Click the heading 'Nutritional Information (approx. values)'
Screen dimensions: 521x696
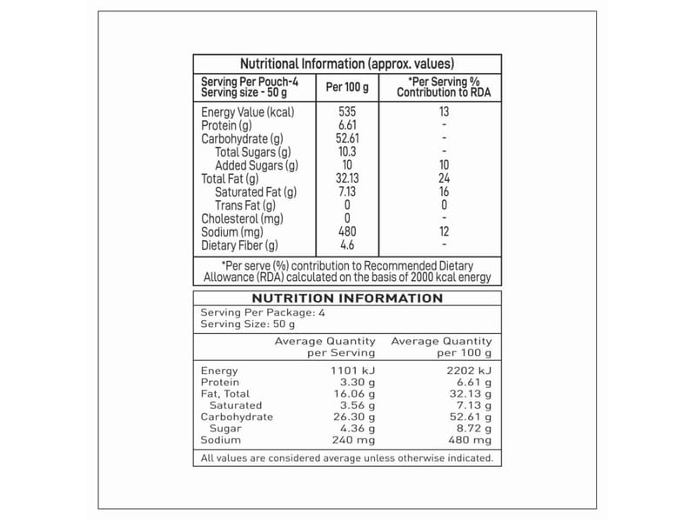click(x=347, y=63)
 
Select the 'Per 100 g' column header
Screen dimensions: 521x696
click(x=347, y=87)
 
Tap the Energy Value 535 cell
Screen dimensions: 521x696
click(x=347, y=112)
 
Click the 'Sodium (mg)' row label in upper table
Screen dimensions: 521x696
click(x=231, y=232)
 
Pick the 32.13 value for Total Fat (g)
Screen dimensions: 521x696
click(x=347, y=179)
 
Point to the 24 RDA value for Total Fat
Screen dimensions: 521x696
click(x=444, y=179)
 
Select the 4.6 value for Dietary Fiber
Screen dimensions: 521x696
click(x=347, y=246)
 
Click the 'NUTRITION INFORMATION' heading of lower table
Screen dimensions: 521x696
click(x=347, y=298)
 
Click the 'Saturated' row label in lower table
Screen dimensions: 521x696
click(x=235, y=405)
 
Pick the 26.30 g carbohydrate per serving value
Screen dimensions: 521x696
click(x=351, y=417)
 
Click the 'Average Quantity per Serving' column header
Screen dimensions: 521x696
click(x=325, y=347)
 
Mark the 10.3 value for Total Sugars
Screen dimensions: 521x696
click(x=347, y=152)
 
